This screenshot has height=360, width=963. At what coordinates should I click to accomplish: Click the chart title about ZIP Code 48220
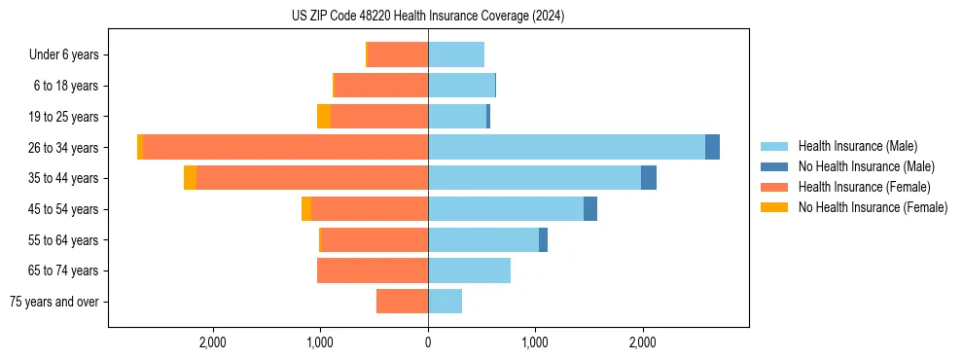tap(428, 17)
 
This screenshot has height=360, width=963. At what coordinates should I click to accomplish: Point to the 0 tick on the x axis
tap(428, 342)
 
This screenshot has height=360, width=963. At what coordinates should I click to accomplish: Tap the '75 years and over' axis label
tap(54, 302)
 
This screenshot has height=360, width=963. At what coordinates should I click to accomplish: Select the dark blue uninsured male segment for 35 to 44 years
tap(649, 178)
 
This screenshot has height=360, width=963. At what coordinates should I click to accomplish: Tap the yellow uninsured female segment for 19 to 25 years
tap(324, 117)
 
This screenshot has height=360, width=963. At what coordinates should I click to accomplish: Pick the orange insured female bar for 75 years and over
tap(402, 302)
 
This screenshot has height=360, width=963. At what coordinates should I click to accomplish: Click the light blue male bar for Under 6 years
tap(456, 54)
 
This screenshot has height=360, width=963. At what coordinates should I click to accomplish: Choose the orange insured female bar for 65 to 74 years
tap(373, 270)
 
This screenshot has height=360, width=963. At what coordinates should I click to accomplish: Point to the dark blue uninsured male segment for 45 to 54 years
tap(590, 209)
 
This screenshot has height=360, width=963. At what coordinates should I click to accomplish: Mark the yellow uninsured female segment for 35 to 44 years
tap(190, 178)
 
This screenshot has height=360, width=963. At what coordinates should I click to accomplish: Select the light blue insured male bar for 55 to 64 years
tap(483, 239)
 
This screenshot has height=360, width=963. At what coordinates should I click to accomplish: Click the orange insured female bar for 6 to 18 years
tap(381, 86)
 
